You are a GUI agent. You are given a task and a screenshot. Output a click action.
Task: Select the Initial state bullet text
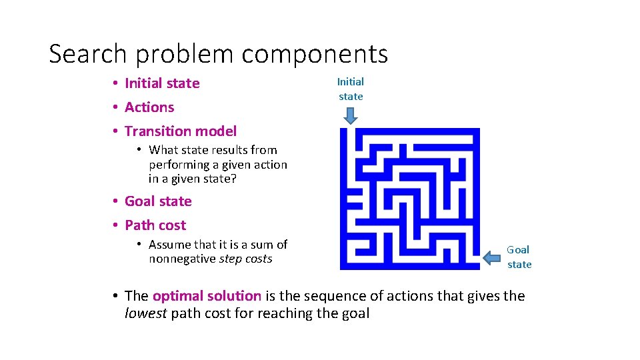click(x=162, y=83)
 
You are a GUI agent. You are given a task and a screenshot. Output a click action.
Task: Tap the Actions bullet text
click(x=149, y=107)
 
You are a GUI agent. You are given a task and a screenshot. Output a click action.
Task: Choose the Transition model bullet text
click(x=181, y=131)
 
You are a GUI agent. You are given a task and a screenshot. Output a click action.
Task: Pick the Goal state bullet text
click(x=158, y=201)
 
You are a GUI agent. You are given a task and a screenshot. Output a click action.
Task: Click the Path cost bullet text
click(x=155, y=225)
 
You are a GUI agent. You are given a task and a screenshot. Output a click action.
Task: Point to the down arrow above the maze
click(x=351, y=116)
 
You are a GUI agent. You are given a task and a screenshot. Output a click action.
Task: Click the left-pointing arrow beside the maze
click(x=494, y=257)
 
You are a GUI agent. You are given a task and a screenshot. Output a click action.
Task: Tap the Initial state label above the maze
click(x=351, y=89)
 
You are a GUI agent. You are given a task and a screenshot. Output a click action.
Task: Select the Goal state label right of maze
click(x=519, y=257)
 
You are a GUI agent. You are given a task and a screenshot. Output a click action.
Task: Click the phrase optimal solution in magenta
click(x=207, y=296)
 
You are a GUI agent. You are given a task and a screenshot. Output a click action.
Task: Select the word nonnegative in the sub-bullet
click(x=182, y=259)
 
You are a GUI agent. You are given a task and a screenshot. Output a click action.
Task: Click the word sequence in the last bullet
click(x=313, y=296)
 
